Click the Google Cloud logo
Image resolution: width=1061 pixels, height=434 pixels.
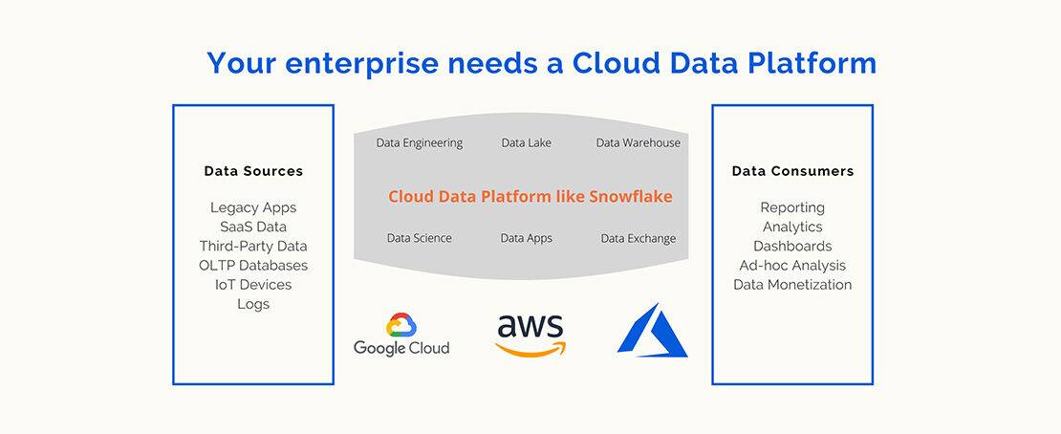coord(401,335)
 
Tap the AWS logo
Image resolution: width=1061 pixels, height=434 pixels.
coord(530,336)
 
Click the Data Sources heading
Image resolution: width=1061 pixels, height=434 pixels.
coord(253,171)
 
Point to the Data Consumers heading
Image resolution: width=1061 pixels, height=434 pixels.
coord(792,171)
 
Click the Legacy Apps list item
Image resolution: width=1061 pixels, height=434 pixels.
coord(253,207)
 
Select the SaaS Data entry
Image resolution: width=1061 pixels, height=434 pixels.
coord(253,227)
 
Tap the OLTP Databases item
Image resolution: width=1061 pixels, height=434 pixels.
coord(253,266)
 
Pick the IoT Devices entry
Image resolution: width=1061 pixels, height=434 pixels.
coord(253,284)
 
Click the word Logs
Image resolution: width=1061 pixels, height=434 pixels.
coord(253,304)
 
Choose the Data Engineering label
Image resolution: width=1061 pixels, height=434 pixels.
coord(420,142)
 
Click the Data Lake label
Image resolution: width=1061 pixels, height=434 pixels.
coord(527,142)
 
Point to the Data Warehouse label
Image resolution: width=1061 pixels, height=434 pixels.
coord(639,142)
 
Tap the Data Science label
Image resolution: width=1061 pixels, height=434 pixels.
coord(420,238)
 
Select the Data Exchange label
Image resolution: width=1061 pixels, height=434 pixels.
coord(639,238)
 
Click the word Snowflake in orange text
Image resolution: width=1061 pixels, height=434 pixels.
coord(631,196)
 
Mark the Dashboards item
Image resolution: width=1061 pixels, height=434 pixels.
coord(792,247)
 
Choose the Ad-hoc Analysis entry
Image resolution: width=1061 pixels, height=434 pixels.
coord(792,266)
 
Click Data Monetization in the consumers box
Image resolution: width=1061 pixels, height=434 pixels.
coord(792,284)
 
